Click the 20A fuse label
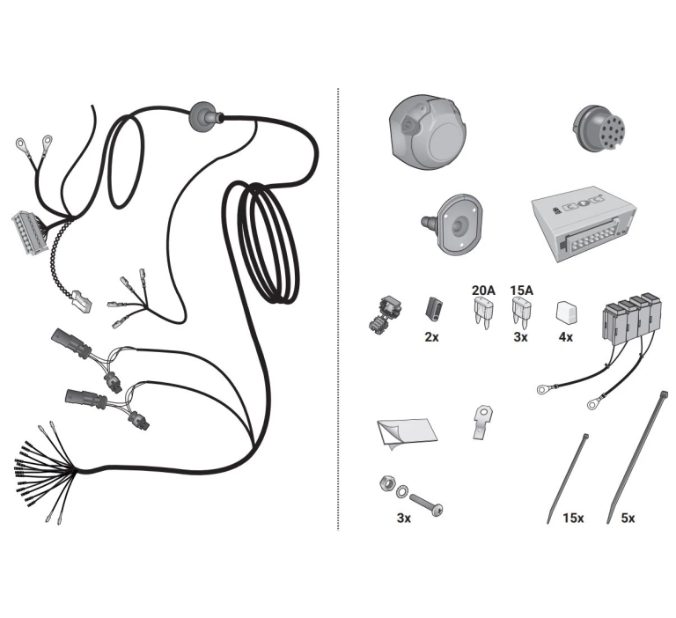click(483, 291)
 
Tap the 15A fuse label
click(522, 291)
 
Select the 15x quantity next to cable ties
click(573, 518)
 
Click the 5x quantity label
click(628, 518)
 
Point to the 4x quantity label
click(566, 337)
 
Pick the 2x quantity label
click(431, 337)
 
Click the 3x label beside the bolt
click(404, 518)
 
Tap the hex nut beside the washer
click(387, 483)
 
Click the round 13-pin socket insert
click(599, 129)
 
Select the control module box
click(584, 224)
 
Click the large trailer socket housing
click(428, 131)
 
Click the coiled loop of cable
click(268, 242)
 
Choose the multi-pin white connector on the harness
click(28, 232)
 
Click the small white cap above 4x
click(567, 313)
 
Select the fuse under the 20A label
click(482, 313)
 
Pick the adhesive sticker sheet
click(407, 433)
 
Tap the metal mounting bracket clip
click(483, 422)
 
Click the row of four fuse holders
click(631, 319)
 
